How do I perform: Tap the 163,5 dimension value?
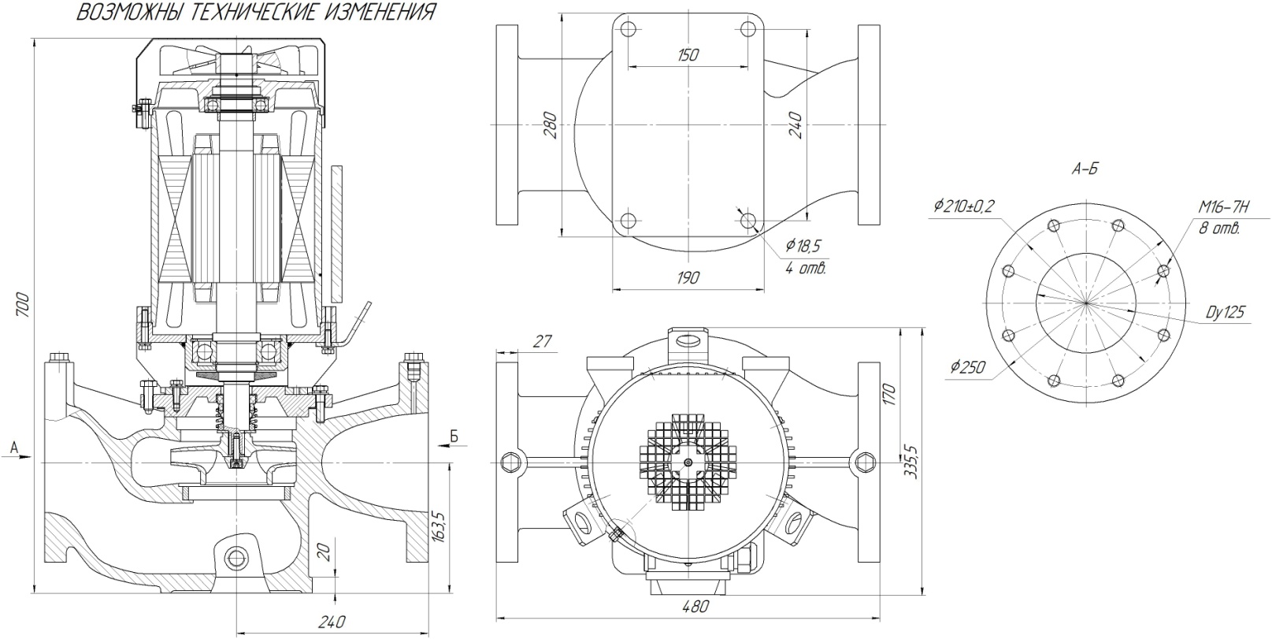pyautogui.click(x=439, y=526)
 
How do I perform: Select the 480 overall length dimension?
pyautogui.click(x=694, y=607)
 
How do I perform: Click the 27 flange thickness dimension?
pyautogui.click(x=543, y=341)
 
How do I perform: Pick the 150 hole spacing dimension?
pyautogui.click(x=688, y=55)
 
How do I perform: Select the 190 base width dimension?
pyautogui.click(x=688, y=277)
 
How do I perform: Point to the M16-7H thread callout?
pyautogui.click(x=1224, y=207)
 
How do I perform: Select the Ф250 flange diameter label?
pyautogui.click(x=967, y=367)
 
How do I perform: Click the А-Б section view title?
pyautogui.click(x=1085, y=169)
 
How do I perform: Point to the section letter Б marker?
pyautogui.click(x=454, y=435)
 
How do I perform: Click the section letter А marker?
pyautogui.click(x=13, y=448)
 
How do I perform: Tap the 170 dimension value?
pyautogui.click(x=890, y=394)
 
